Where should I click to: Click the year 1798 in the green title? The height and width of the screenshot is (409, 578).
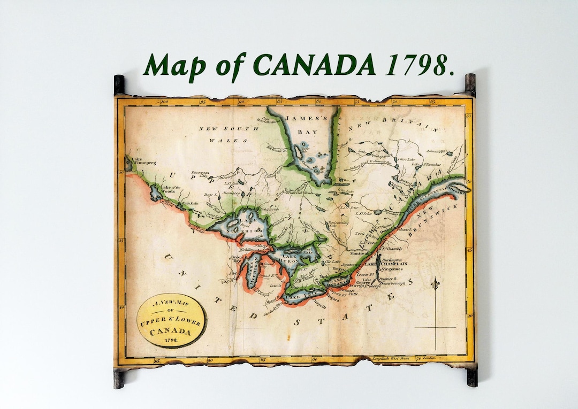click(419, 65)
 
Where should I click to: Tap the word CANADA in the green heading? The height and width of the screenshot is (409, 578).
click(314, 65)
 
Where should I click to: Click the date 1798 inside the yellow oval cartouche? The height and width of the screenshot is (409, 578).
click(171, 339)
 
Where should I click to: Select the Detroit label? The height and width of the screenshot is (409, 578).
click(276, 286)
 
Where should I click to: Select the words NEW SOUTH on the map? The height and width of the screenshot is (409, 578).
click(221, 129)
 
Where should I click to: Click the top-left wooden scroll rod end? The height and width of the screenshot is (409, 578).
click(119, 84)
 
